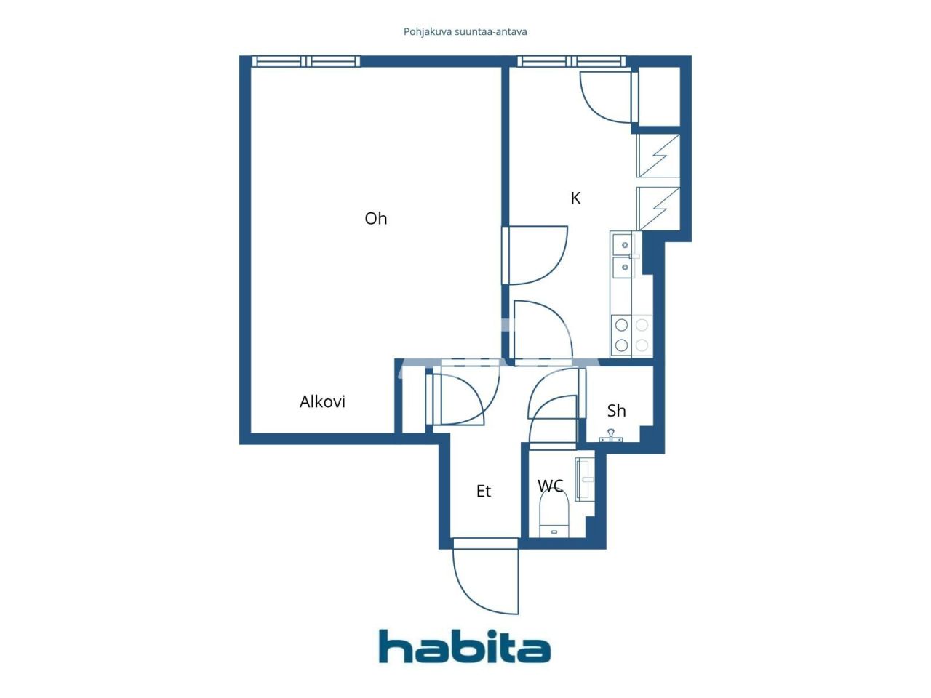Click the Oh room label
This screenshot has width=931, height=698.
[375, 218]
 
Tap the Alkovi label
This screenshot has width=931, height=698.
[322, 401]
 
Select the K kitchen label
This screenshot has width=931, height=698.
[575, 198]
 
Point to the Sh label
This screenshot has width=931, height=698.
[616, 411]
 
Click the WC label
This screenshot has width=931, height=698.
[550, 485]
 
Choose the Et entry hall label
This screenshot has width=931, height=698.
[483, 492]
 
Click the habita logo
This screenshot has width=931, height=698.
[465, 646]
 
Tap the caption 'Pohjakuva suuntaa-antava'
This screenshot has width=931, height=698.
[465, 32]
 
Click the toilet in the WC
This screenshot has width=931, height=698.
[554, 513]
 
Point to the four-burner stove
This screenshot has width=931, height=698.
[631, 335]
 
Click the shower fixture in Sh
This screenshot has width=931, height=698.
[611, 436]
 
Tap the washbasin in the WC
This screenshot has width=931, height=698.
[584, 479]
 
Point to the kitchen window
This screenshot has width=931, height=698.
[571, 62]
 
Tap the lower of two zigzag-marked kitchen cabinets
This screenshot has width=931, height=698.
[658, 208]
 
